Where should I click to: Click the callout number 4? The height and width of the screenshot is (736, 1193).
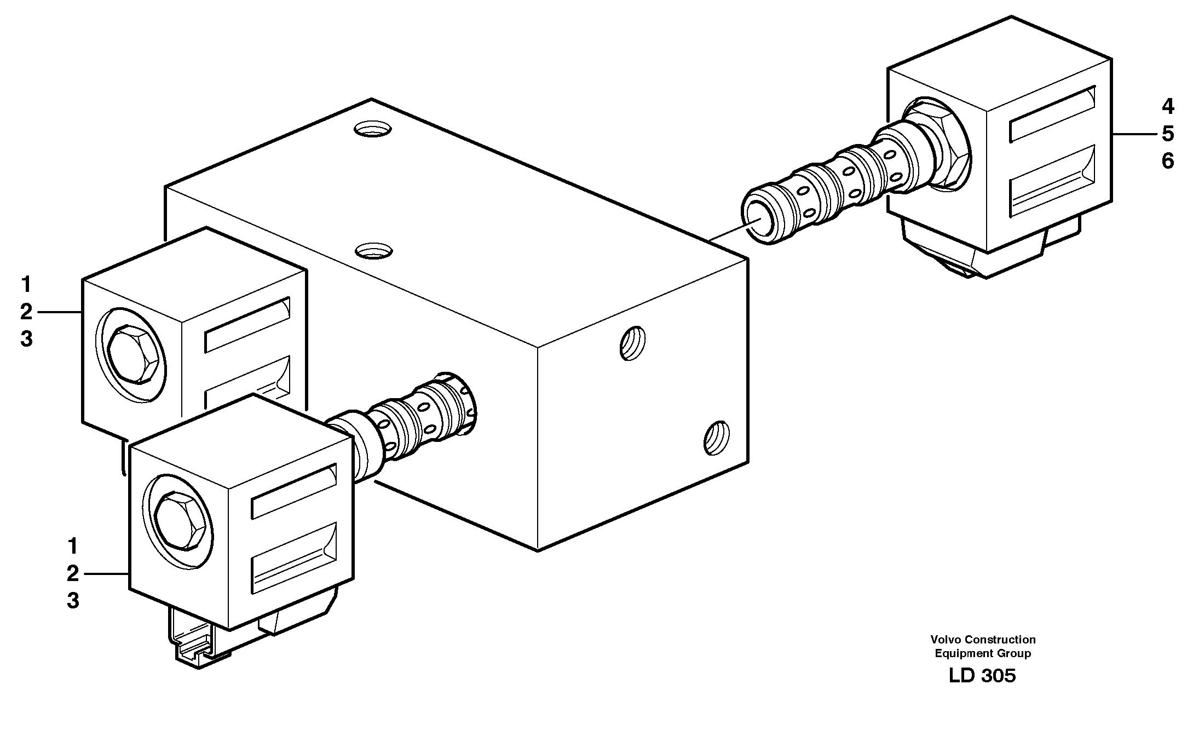click(1167, 106)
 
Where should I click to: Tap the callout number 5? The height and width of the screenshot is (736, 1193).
click(1167, 134)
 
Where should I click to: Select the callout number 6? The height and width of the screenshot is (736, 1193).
click(1167, 161)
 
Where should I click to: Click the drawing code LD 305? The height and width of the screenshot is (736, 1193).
click(982, 676)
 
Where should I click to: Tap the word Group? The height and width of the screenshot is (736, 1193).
click(1015, 653)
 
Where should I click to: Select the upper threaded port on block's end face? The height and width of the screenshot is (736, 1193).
click(632, 343)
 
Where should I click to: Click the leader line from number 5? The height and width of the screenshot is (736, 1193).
click(1133, 134)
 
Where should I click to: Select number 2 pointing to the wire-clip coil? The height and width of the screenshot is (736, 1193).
click(73, 574)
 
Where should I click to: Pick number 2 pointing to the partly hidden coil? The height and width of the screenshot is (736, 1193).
click(26, 312)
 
